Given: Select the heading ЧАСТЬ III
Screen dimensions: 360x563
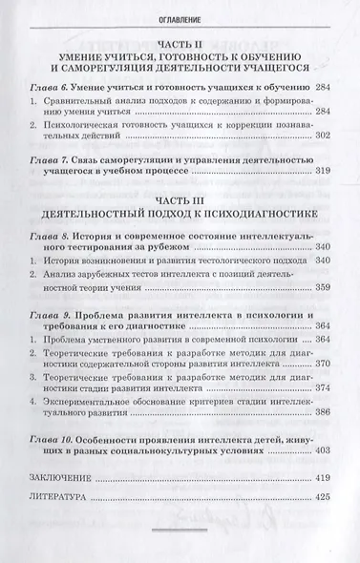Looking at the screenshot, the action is click(x=180, y=197).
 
